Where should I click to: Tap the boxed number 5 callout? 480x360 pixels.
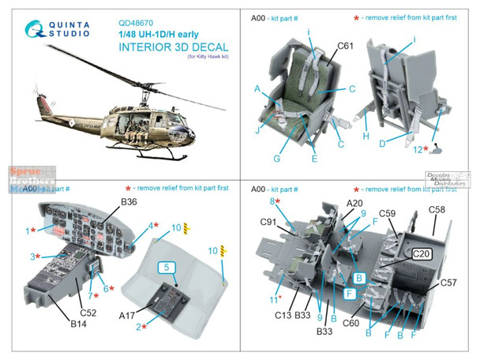167,268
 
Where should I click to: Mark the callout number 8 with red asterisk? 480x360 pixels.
273,202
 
